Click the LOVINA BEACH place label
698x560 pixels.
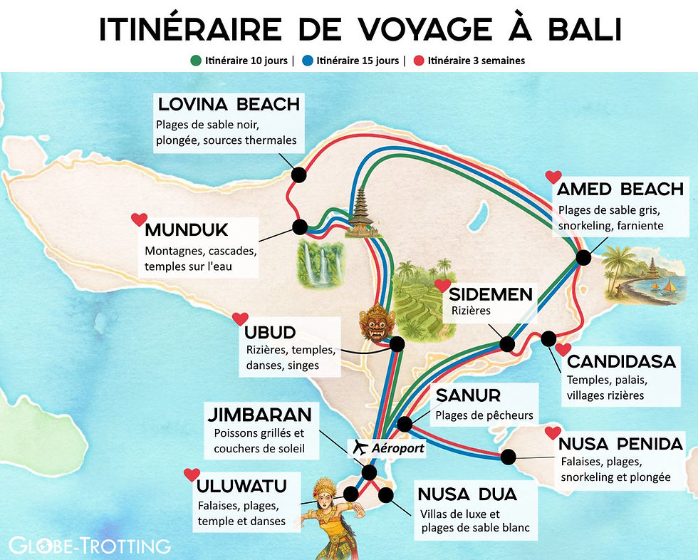tap(228, 104)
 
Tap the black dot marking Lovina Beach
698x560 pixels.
tap(299, 174)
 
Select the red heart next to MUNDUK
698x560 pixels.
tap(139, 219)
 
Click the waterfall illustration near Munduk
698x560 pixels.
tap(318, 261)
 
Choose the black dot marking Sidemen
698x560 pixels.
tap(507, 344)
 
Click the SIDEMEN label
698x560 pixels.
tap(491, 294)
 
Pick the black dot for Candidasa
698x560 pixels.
tap(548, 338)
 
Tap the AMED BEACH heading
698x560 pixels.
tap(620, 189)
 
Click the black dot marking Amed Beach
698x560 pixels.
tap(583, 257)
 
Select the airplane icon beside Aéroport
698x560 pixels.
tap(360, 448)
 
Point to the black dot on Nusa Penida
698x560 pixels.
tap(509, 456)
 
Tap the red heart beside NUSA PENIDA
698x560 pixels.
tap(553, 432)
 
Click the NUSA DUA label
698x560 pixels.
tap(467, 494)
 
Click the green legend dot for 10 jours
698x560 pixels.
tap(196, 61)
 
